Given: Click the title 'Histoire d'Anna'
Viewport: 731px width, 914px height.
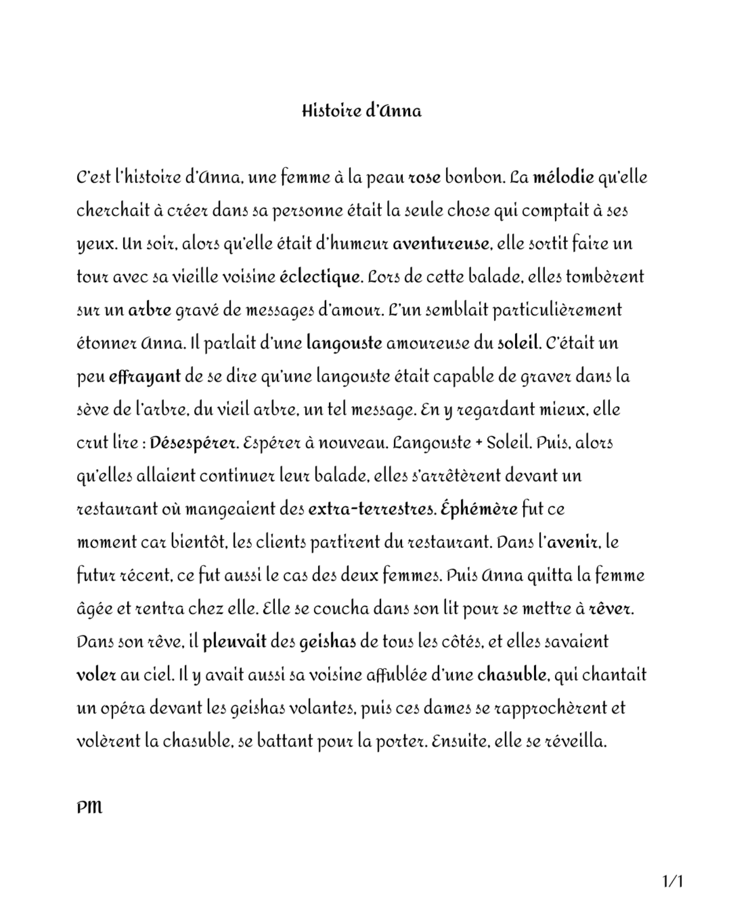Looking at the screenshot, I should [362, 111].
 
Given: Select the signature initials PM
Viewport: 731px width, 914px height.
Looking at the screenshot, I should [89, 807].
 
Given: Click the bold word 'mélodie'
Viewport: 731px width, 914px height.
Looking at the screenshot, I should [563, 178].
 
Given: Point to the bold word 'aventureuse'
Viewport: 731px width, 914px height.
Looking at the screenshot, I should [440, 244].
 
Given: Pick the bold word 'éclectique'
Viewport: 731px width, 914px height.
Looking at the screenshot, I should [320, 277].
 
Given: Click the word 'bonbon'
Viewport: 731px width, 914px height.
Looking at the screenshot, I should [473, 178].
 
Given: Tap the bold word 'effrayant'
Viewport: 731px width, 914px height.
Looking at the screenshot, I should [144, 377].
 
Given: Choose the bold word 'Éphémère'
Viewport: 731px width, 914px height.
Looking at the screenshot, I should [479, 509].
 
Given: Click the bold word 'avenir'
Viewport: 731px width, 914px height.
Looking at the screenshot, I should [572, 542].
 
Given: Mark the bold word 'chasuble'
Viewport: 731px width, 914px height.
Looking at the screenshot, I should [511, 675].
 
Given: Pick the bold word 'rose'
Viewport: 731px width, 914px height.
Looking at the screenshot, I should [424, 178].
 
